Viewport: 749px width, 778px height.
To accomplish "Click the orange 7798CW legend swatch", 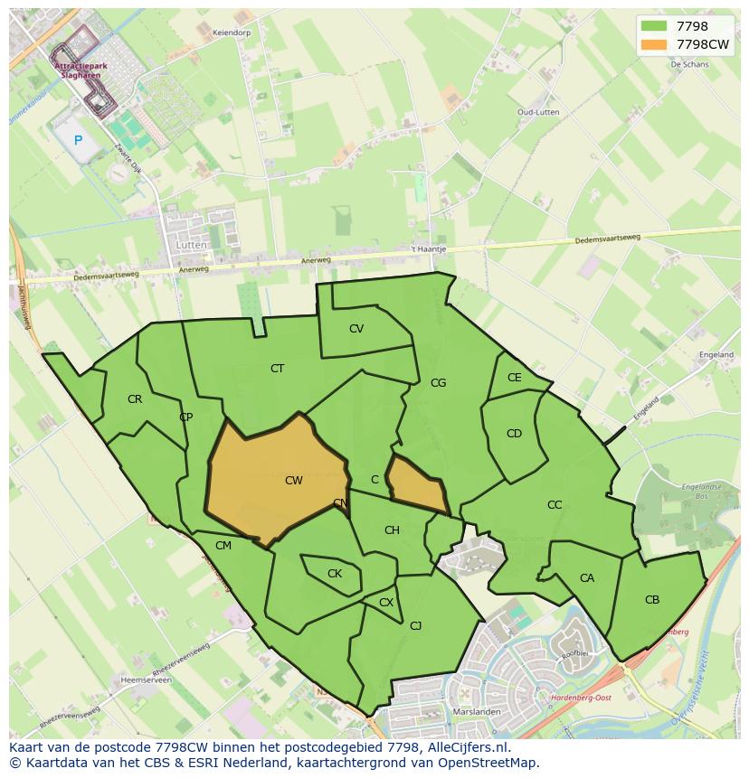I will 652,44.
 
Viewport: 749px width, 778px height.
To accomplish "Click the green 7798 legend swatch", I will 652,26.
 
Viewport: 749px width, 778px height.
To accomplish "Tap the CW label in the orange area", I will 294,481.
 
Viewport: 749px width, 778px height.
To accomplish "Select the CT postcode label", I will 278,368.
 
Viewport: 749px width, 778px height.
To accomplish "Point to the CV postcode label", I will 356,329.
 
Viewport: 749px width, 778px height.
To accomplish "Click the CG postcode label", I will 439,383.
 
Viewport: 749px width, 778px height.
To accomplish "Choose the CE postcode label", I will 515,378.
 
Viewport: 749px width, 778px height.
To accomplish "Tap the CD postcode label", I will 514,434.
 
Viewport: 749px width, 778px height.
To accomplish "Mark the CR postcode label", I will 135,399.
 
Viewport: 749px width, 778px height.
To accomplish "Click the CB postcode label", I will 652,600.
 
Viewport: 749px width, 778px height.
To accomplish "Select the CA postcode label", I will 587,578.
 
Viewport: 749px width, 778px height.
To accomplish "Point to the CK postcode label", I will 335,574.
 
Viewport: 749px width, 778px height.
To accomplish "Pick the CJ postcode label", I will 416,625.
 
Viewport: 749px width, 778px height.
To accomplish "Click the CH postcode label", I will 392,530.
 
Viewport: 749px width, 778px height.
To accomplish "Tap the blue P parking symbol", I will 79,140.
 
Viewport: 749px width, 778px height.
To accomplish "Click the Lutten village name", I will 193,245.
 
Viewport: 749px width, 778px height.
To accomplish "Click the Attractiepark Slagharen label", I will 79,70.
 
